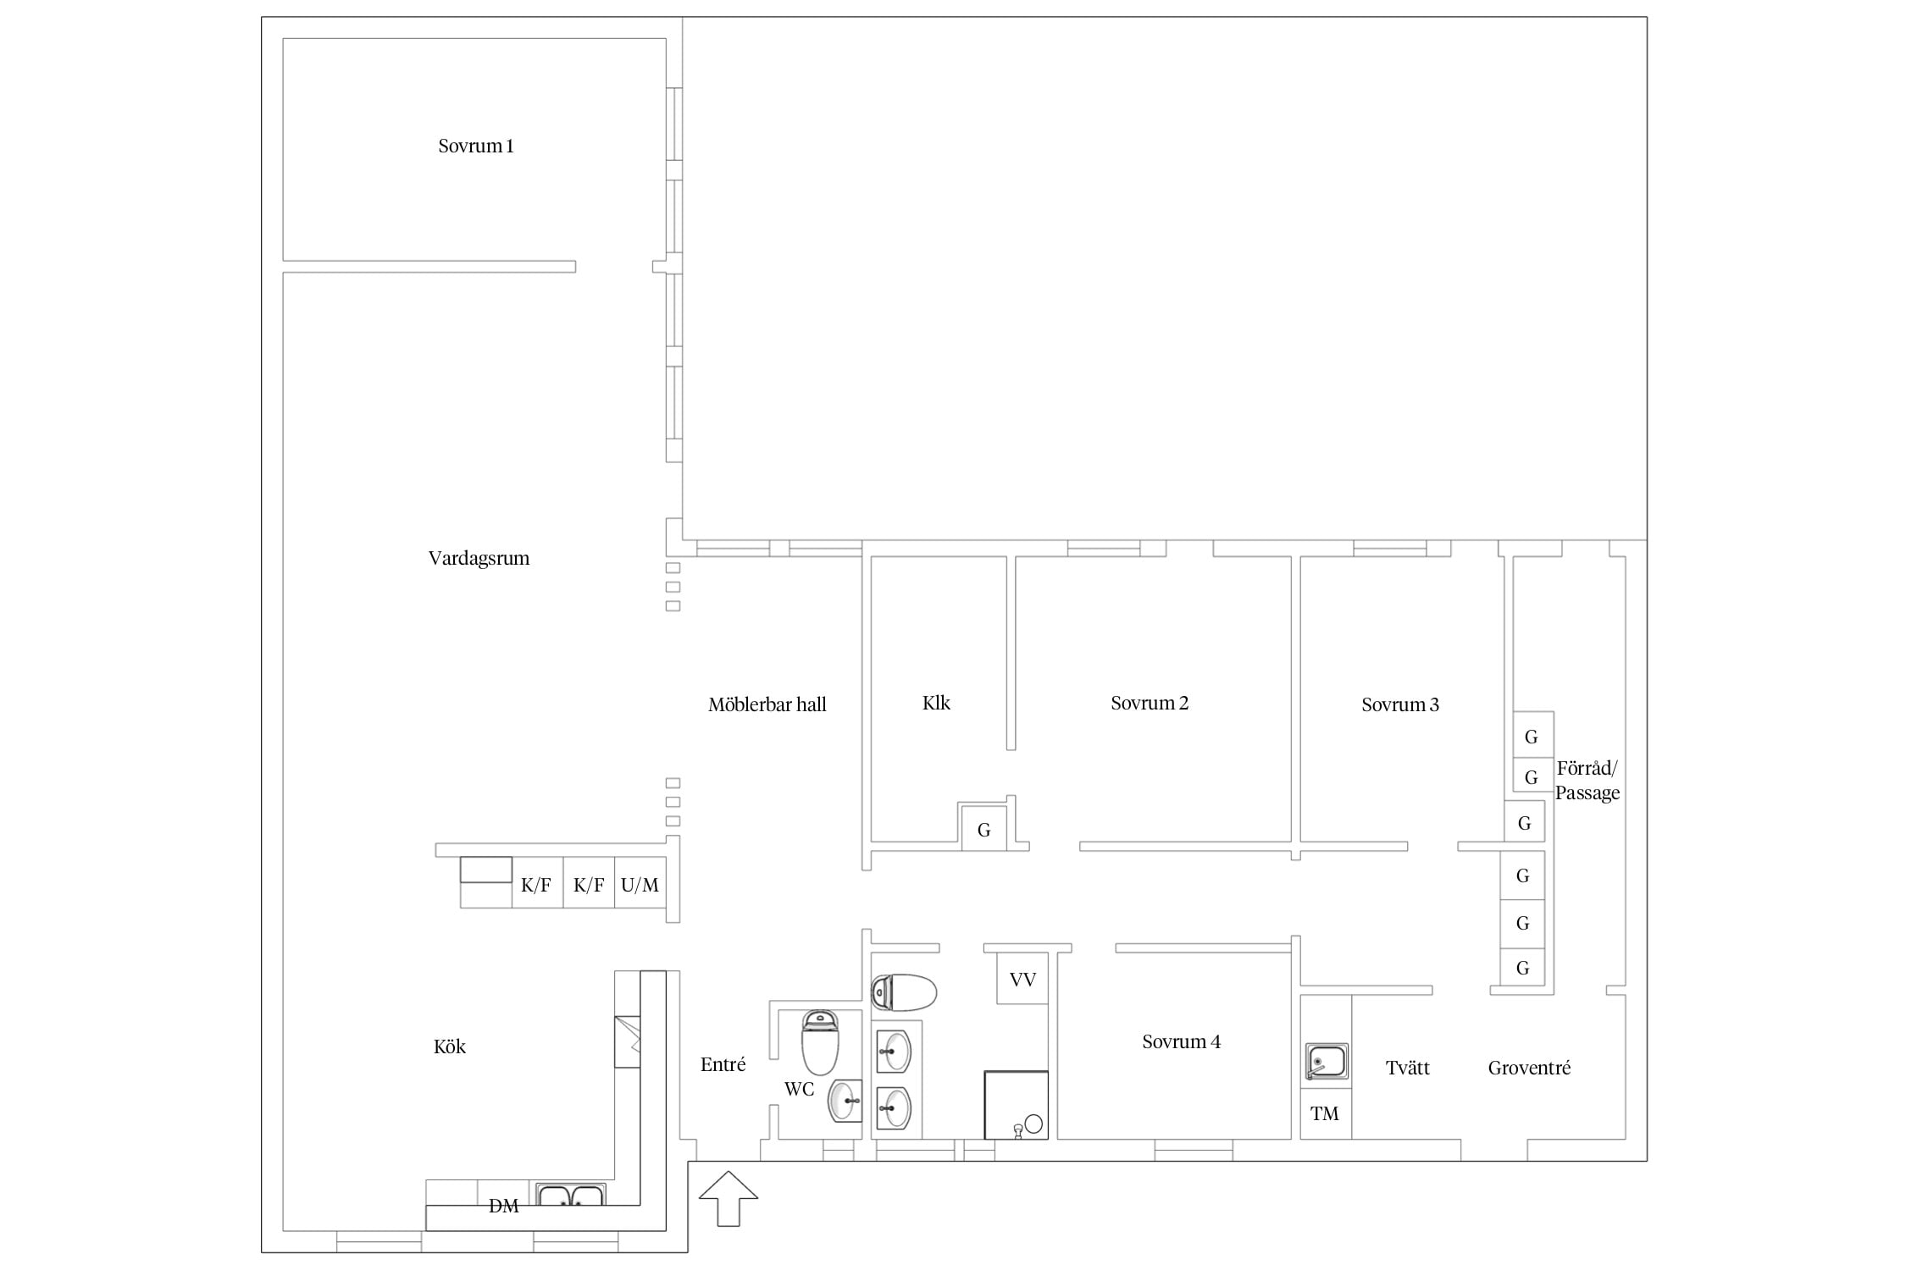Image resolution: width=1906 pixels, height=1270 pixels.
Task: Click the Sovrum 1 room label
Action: pos(475,146)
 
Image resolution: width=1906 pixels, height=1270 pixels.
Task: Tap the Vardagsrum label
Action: pos(479,558)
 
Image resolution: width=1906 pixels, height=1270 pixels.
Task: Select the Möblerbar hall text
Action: pos(767,704)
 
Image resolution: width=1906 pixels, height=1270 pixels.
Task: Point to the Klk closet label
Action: pos(936,703)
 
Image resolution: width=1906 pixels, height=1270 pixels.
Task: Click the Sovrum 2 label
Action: pos(1150,703)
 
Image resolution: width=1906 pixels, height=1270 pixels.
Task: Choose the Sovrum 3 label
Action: pos(1399,704)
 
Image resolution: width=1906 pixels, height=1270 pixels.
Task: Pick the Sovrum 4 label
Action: pos(1181,1041)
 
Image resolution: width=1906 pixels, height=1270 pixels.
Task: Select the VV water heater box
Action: pos(1022,979)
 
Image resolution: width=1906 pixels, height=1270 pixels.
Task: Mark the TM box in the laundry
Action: pos(1326,1113)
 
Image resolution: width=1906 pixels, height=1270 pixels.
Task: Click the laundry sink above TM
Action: pos(1326,1063)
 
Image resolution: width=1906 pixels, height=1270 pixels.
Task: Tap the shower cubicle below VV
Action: pos(1016,1105)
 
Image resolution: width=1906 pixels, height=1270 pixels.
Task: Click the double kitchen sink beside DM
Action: pos(570,1194)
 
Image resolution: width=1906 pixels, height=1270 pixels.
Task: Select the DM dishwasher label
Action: pos(503,1206)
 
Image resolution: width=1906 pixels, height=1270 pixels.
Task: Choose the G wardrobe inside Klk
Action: pos(983,829)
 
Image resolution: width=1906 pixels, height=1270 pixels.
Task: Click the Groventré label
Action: pos(1529,1068)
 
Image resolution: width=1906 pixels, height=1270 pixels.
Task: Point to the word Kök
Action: pos(450,1046)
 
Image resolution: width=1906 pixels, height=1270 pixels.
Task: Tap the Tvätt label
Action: pos(1407,1068)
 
